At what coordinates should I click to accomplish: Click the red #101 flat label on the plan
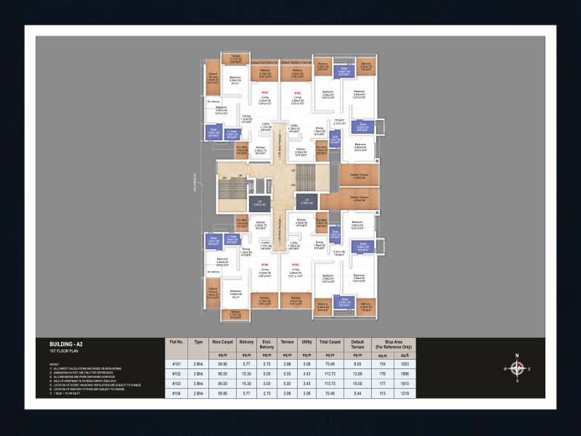click(x=265, y=93)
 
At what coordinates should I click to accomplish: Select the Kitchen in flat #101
click(x=260, y=151)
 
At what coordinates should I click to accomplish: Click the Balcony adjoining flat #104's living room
click(x=265, y=299)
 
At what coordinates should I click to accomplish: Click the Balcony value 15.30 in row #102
click(x=246, y=373)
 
